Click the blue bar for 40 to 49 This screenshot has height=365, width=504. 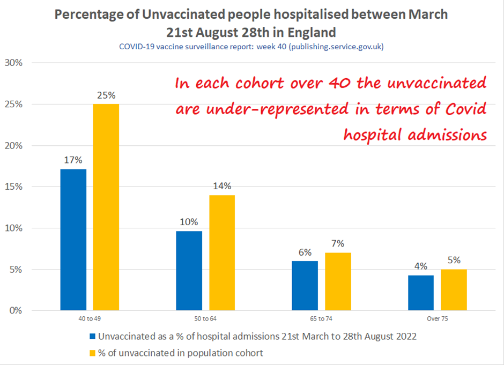pos(73,240)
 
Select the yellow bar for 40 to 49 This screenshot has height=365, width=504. pos(106,207)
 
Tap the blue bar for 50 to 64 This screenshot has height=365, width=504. pos(189,271)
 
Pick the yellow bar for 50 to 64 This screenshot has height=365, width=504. pos(222,252)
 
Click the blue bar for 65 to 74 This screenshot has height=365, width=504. pos(305,286)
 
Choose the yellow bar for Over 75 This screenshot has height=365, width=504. pos(454,289)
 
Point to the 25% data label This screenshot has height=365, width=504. pos(106,95)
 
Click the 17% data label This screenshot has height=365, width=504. pos(73,160)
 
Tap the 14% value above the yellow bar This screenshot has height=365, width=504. pos(222,186)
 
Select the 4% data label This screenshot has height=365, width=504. pos(421,265)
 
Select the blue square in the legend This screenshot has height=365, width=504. pos(92,337)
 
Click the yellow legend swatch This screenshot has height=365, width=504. pos(92,353)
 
